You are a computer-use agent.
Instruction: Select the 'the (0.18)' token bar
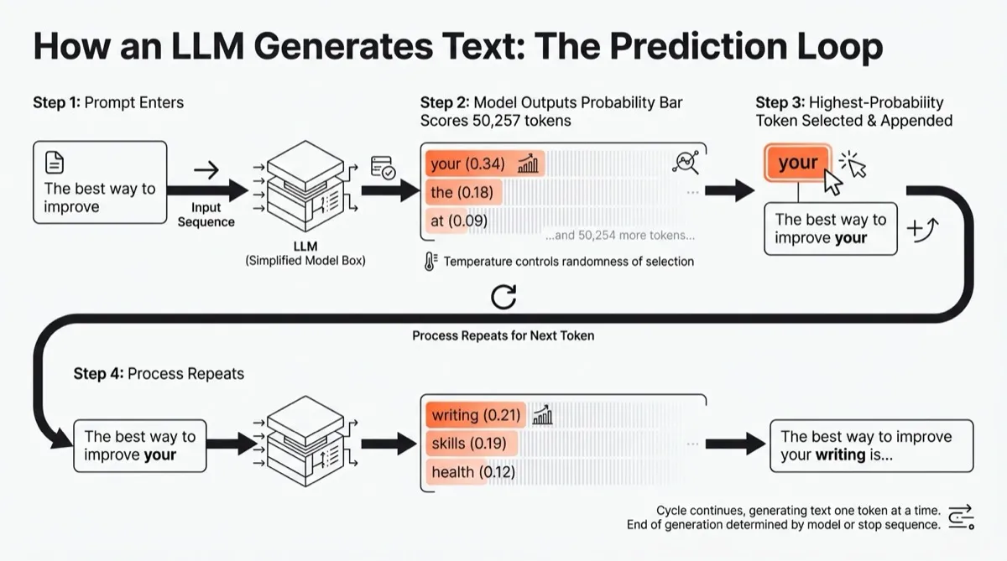pos(461,192)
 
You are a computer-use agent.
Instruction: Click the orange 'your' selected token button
pos(797,164)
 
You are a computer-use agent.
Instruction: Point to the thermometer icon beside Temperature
pos(431,261)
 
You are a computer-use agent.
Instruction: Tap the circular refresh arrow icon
pos(503,296)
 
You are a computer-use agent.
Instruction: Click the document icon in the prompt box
pos(54,163)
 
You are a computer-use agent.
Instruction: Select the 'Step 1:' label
pos(57,103)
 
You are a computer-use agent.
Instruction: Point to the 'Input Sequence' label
pos(206,215)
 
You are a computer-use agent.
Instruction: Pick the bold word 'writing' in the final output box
pos(840,455)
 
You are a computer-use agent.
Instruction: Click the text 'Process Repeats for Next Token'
pos(503,335)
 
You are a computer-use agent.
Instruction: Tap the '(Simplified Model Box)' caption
pos(305,261)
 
